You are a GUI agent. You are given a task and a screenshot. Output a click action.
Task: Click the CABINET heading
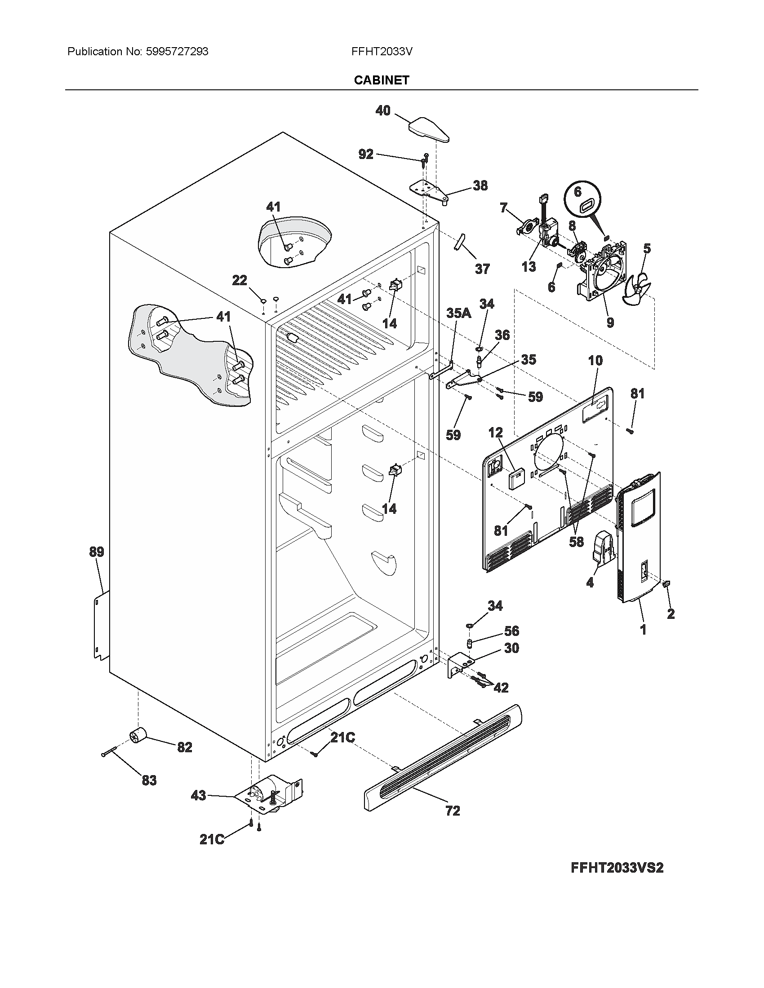click(382, 80)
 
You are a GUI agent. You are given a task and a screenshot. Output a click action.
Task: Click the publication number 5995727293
click(177, 52)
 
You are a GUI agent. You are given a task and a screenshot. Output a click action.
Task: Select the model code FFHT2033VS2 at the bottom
click(617, 868)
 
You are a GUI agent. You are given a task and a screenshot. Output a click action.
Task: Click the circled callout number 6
click(577, 192)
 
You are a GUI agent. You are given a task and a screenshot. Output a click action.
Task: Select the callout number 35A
click(458, 313)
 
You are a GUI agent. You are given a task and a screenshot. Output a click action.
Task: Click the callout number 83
click(149, 780)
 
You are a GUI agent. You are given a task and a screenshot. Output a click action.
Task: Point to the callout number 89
click(97, 552)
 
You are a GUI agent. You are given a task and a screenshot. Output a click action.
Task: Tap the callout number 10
click(595, 361)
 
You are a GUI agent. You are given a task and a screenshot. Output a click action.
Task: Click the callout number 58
click(576, 542)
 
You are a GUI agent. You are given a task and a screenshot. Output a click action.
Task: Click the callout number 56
click(511, 631)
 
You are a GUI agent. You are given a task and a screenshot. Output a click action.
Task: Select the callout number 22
click(240, 281)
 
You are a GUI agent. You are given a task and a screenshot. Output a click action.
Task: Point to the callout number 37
click(482, 269)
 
